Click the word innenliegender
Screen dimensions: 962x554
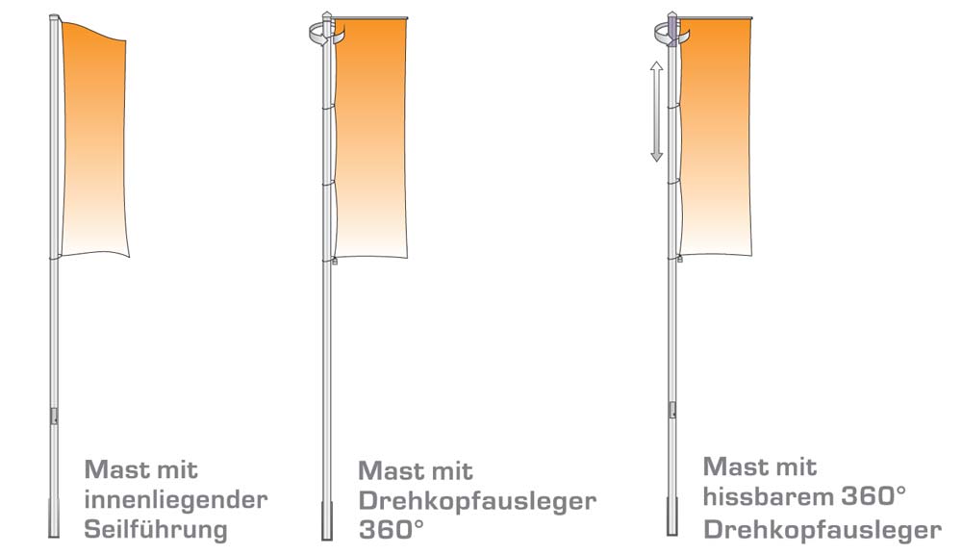[175, 500]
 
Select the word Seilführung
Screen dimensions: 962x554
[156, 529]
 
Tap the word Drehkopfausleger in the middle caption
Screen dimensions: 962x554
[477, 501]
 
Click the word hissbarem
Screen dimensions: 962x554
[767, 496]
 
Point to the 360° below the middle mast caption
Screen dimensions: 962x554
[391, 530]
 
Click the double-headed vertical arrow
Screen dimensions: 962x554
[656, 112]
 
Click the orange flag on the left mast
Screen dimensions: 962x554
[94, 139]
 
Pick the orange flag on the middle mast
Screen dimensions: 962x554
[370, 138]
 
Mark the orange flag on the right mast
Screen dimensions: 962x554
[716, 138]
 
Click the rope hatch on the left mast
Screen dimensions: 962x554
[54, 416]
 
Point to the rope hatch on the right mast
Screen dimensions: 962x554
[672, 410]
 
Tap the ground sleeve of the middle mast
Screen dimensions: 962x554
[327, 521]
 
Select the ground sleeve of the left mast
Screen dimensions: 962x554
[54, 519]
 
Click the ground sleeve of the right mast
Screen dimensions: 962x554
[672, 516]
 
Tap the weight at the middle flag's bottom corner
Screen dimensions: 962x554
[335, 262]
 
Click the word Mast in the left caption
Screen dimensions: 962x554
[113, 470]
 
